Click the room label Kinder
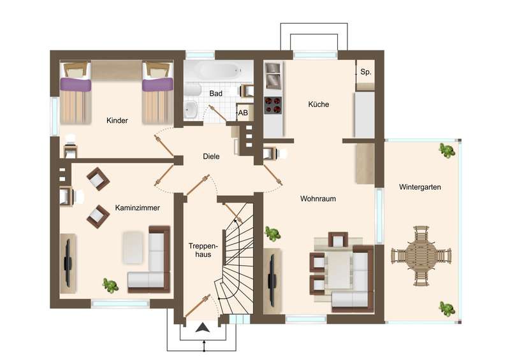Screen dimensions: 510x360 117,120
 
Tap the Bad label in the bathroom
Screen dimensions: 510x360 215,94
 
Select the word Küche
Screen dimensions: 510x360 318,104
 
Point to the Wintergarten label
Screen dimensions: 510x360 420,187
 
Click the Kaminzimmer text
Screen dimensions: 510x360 137,208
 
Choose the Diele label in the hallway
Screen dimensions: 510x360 211,156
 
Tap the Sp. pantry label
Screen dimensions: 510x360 365,72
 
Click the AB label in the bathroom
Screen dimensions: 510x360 243,113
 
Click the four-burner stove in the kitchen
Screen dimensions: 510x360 273,104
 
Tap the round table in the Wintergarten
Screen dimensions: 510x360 421,256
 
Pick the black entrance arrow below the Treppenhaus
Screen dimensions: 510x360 203,328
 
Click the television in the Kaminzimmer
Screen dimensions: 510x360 68,263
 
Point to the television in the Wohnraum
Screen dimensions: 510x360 272,281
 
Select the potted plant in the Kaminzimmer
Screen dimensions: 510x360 110,285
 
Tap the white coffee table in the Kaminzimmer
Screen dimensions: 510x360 133,247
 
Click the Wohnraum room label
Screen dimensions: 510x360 317,199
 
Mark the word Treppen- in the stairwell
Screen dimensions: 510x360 203,246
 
